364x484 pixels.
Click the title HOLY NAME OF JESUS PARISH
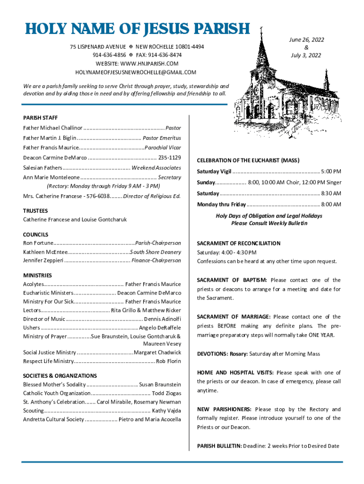(137, 29)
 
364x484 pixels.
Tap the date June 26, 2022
(306, 40)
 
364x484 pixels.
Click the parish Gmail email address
(136, 72)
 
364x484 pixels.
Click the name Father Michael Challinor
(53, 128)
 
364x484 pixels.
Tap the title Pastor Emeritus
(162, 138)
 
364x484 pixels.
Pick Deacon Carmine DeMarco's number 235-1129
(169, 157)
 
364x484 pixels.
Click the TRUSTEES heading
(35, 211)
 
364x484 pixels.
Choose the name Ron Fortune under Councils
(38, 243)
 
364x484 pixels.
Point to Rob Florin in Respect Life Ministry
(168, 361)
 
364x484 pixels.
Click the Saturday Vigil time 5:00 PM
(331, 171)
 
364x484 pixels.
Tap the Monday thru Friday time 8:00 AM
(330, 204)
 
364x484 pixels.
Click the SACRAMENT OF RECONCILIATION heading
(239, 243)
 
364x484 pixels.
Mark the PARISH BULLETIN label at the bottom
(219, 446)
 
